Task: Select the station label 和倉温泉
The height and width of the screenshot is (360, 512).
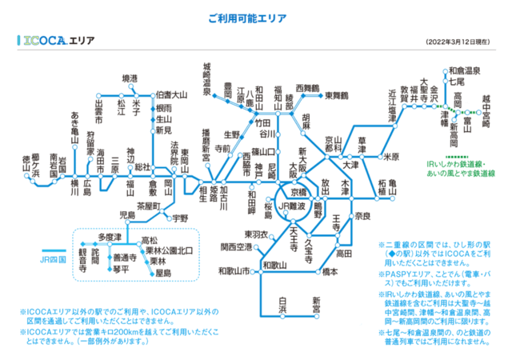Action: [465, 70]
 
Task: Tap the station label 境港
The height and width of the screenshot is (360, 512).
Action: [130, 78]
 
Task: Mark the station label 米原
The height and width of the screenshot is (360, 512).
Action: [390, 156]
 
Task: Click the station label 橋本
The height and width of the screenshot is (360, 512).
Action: [330, 272]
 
